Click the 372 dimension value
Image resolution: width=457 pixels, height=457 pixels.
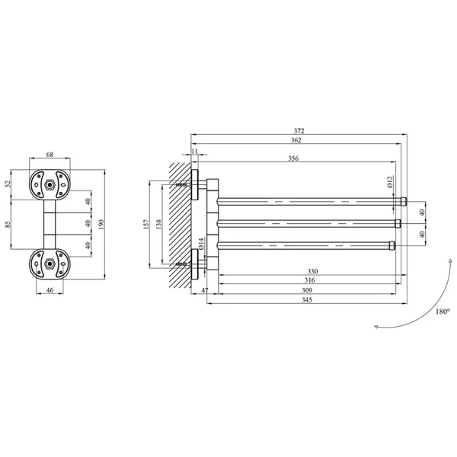[299, 131]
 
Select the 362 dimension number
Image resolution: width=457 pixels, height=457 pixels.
[296, 140]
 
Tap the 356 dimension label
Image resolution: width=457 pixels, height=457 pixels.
[293, 158]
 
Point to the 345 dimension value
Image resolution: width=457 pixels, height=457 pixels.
[307, 299]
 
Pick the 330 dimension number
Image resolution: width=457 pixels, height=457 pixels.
[312, 271]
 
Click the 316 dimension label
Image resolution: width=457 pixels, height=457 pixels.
[309, 280]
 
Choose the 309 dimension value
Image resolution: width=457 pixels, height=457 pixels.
[307, 290]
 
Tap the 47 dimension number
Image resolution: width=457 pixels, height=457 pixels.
[205, 290]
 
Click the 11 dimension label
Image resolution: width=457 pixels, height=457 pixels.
[195, 152]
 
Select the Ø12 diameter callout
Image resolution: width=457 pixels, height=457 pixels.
[390, 182]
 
